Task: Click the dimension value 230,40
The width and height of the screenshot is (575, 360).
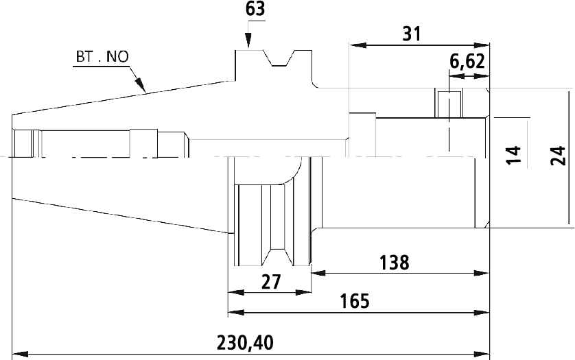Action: click(x=245, y=344)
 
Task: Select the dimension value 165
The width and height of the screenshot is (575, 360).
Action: click(x=355, y=301)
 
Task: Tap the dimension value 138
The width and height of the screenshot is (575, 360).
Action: click(x=394, y=263)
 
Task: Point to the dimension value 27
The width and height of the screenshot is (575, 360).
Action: click(x=270, y=282)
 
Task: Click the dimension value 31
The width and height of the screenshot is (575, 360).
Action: click(x=412, y=34)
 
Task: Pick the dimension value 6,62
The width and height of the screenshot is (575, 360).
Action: click(x=467, y=62)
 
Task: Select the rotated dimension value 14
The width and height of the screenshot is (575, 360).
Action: click(x=513, y=155)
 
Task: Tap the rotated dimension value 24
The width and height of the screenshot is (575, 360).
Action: click(x=558, y=156)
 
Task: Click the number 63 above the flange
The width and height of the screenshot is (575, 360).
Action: click(x=255, y=8)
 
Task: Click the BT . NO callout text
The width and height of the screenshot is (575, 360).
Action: click(x=102, y=57)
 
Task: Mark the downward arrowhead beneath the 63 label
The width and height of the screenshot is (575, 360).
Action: click(x=248, y=40)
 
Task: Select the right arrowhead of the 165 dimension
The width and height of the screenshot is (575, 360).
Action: click(x=482, y=313)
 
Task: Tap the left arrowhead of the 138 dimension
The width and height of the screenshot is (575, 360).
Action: click(x=318, y=273)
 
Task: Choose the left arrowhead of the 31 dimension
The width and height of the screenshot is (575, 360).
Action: click(x=358, y=45)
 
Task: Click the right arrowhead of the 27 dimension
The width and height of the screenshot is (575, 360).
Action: click(x=303, y=293)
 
